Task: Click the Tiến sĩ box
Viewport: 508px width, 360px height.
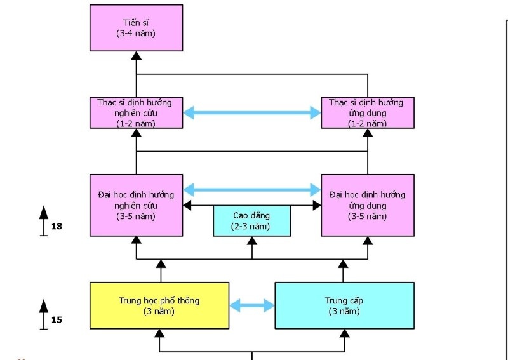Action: click(136, 27)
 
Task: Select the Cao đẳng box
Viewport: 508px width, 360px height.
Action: click(251, 220)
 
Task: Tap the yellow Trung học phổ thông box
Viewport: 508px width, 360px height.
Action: click(159, 305)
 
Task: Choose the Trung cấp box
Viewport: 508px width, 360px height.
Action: click(344, 305)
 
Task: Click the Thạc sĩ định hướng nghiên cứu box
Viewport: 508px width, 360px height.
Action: click(136, 112)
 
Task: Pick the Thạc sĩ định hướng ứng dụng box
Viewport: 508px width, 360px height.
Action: click(368, 112)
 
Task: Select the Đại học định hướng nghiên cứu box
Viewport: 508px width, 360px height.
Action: click(136, 205)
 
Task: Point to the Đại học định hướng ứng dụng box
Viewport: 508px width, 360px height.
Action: click(368, 205)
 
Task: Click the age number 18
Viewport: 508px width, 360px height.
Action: click(57, 225)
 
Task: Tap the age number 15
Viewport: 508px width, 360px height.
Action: click(57, 319)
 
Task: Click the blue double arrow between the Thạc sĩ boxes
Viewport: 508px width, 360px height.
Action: click(252, 113)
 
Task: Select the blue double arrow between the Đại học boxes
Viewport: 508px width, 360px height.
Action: click(252, 189)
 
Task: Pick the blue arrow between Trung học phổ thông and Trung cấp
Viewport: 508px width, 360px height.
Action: click(251, 305)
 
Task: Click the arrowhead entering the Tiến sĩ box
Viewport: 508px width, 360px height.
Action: click(136, 55)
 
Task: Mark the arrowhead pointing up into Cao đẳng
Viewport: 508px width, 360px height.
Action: click(252, 241)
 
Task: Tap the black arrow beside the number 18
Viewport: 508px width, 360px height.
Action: click(44, 219)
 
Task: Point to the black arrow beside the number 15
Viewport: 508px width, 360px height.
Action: click(44, 314)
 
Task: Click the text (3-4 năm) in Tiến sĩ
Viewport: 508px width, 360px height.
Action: click(136, 33)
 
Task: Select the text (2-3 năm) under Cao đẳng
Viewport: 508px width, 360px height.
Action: click(251, 227)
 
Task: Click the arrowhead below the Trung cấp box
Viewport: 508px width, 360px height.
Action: click(345, 333)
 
